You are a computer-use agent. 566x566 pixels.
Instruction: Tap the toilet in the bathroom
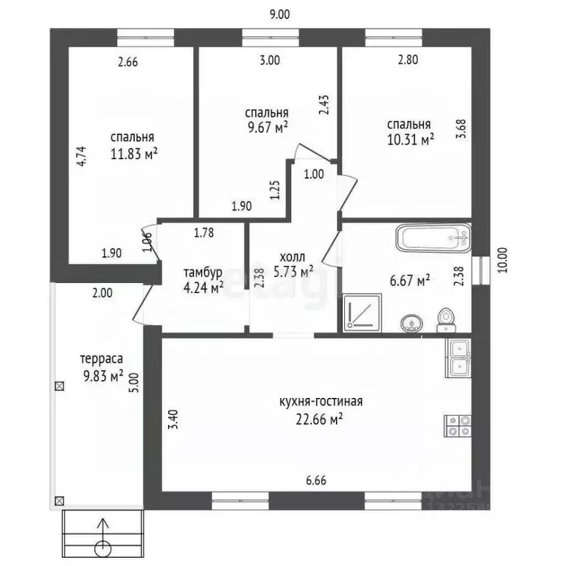coord(444,318)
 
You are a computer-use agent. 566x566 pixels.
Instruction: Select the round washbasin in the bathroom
coord(410,322)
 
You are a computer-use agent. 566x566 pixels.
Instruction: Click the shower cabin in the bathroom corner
coord(362,311)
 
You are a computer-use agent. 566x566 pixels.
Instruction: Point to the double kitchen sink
coord(458,355)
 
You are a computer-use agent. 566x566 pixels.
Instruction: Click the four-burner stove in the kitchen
coord(458,424)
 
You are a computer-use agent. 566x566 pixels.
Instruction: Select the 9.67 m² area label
coord(266,128)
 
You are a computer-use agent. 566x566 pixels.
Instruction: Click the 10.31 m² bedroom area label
coord(411,140)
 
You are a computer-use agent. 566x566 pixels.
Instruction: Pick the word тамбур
coord(203,273)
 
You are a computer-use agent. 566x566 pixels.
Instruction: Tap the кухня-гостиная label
coord(321,402)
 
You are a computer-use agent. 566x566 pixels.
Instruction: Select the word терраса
coord(102,359)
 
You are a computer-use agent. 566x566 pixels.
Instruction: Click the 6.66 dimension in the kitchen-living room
coord(316,481)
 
